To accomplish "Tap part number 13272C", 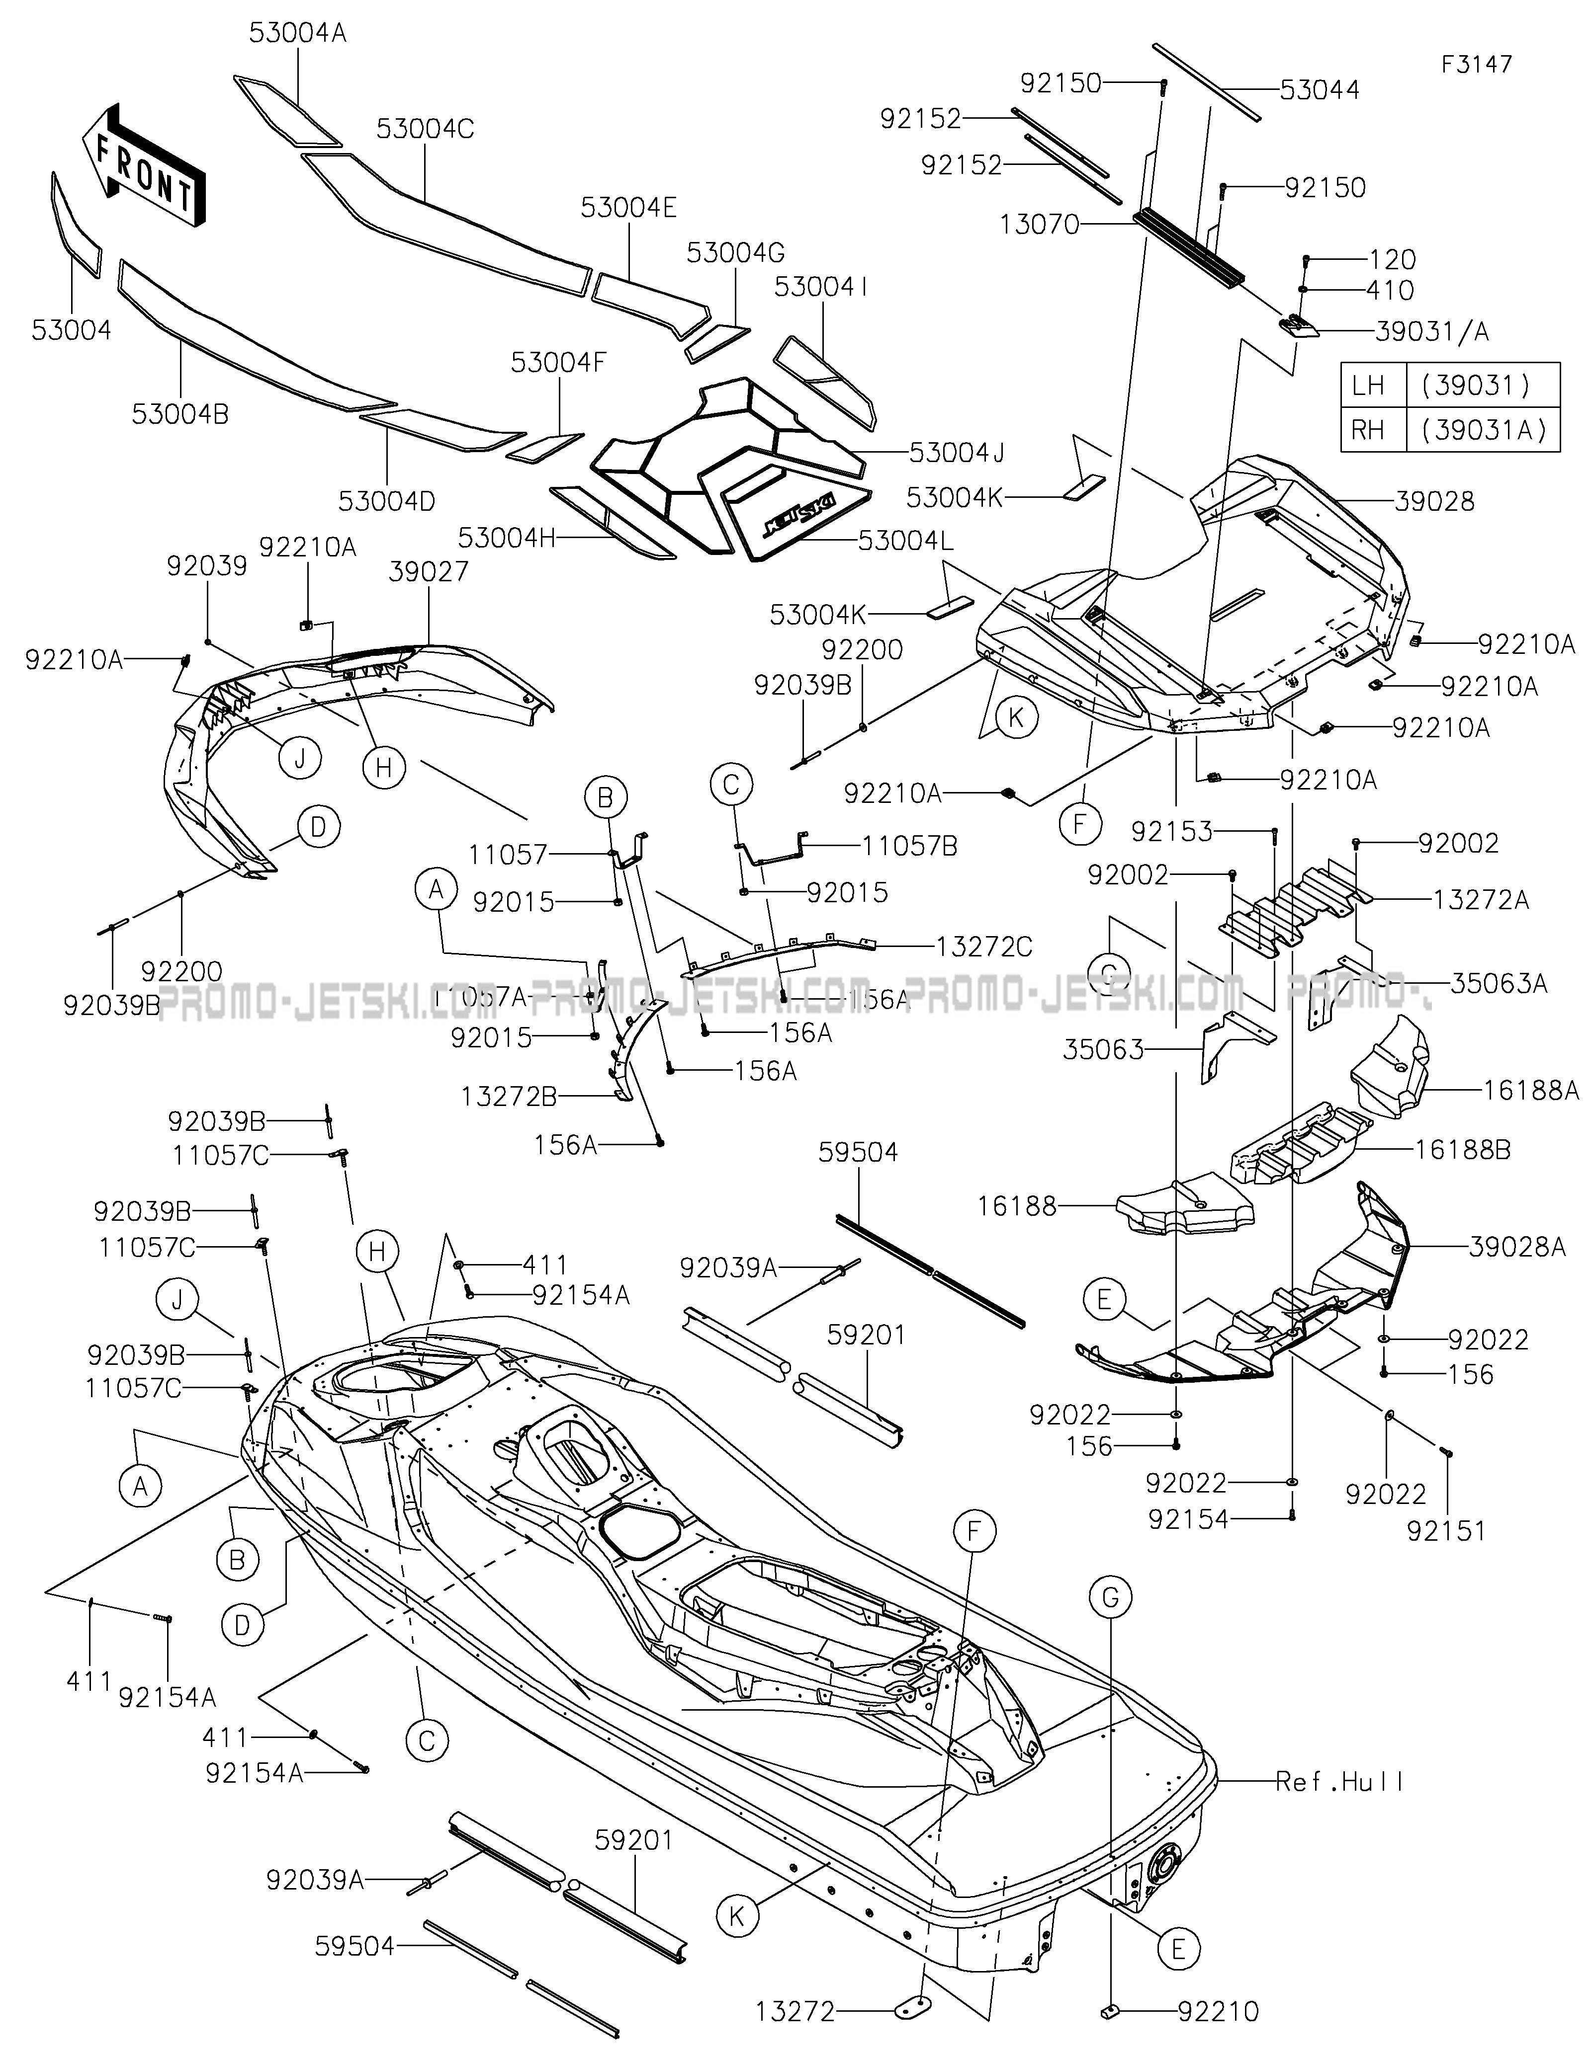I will tap(984, 946).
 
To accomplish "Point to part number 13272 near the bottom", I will tap(795, 2012).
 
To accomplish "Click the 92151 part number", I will tap(1446, 1532).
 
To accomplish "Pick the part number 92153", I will tap(1171, 831).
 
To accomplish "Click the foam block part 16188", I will tap(1185, 1210).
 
